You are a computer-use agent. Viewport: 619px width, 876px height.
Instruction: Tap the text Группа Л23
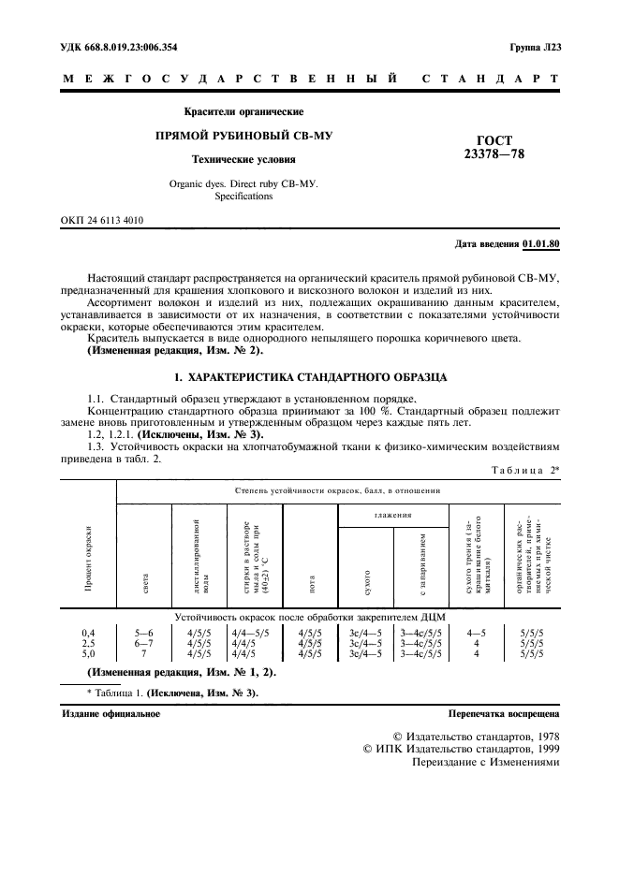[x=535, y=47]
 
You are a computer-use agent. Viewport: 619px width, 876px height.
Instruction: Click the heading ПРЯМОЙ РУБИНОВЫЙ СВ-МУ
[x=243, y=136]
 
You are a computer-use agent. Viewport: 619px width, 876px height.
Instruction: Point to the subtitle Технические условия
[x=243, y=159]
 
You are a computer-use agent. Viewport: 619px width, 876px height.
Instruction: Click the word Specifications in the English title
[x=243, y=197]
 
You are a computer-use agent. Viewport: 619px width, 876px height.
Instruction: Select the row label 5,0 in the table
[x=88, y=653]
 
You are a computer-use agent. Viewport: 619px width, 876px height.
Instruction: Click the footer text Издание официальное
[x=111, y=713]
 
